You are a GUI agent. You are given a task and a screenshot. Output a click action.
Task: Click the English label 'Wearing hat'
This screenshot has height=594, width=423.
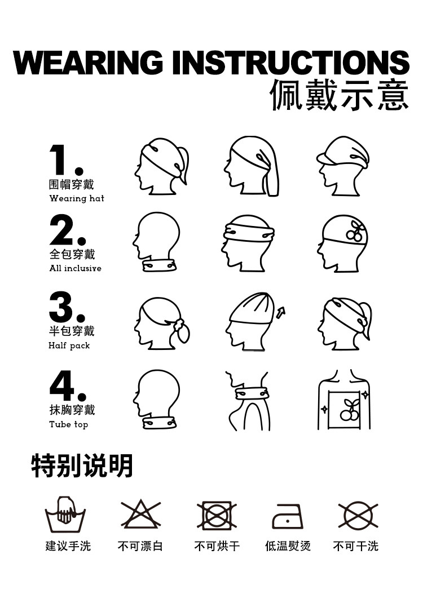(x=77, y=198)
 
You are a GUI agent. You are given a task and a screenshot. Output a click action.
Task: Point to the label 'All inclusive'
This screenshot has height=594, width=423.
(x=76, y=268)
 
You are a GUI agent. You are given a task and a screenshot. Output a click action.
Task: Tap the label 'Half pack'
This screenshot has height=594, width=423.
(x=69, y=345)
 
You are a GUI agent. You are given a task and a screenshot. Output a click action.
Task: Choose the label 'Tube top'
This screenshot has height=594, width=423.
(x=69, y=424)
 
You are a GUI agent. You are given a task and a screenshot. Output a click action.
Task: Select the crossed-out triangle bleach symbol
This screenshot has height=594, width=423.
(x=141, y=514)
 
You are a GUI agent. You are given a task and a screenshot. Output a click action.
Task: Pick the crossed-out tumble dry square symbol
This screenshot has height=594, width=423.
(x=217, y=515)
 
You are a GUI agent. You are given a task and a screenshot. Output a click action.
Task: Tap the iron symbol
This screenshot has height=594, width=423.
(x=288, y=516)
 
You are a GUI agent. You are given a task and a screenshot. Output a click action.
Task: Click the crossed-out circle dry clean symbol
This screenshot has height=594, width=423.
(x=358, y=515)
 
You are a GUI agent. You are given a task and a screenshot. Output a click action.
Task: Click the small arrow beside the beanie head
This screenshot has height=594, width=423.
(x=281, y=313)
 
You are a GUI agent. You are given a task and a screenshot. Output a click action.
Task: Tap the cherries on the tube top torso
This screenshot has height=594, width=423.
(x=349, y=409)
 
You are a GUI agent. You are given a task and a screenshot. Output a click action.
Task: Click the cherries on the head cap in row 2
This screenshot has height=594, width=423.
(x=355, y=231)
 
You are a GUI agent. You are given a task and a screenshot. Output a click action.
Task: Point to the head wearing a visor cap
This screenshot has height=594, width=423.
(x=343, y=166)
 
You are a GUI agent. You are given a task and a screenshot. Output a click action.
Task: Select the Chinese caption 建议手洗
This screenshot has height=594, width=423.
(x=68, y=546)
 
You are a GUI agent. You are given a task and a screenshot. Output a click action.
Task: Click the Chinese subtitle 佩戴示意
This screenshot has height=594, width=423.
(x=340, y=95)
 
